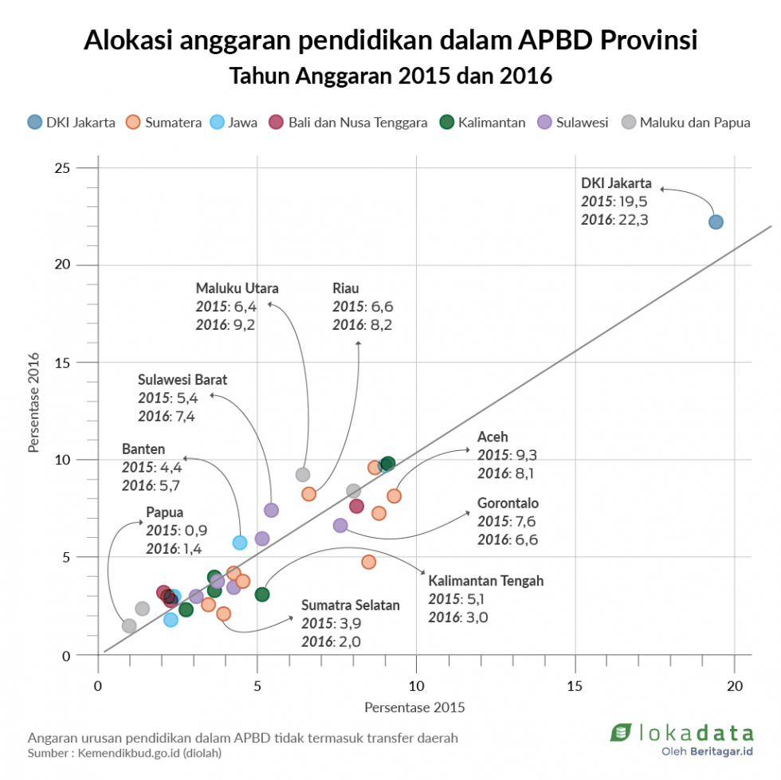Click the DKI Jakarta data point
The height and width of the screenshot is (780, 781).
pos(716,221)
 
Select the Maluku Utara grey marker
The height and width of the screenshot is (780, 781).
pos(303,475)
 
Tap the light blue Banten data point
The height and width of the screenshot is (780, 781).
pos(240,543)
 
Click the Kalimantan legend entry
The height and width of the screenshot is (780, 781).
pos(482,123)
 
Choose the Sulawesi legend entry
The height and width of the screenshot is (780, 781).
pos(573,123)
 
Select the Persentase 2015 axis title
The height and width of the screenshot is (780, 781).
pos(414,707)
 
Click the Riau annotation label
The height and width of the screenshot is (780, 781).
pos(345,288)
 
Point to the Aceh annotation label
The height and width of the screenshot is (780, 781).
pos(493,437)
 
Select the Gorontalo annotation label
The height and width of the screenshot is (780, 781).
pos(508,504)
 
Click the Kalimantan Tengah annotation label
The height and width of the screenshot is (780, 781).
pos(486,581)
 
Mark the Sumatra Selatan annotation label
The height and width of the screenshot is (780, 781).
pos(351,606)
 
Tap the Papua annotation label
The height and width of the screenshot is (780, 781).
pos(164,512)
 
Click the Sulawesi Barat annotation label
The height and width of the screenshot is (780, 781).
pos(182,380)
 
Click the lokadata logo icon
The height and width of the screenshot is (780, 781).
pos(621,731)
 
